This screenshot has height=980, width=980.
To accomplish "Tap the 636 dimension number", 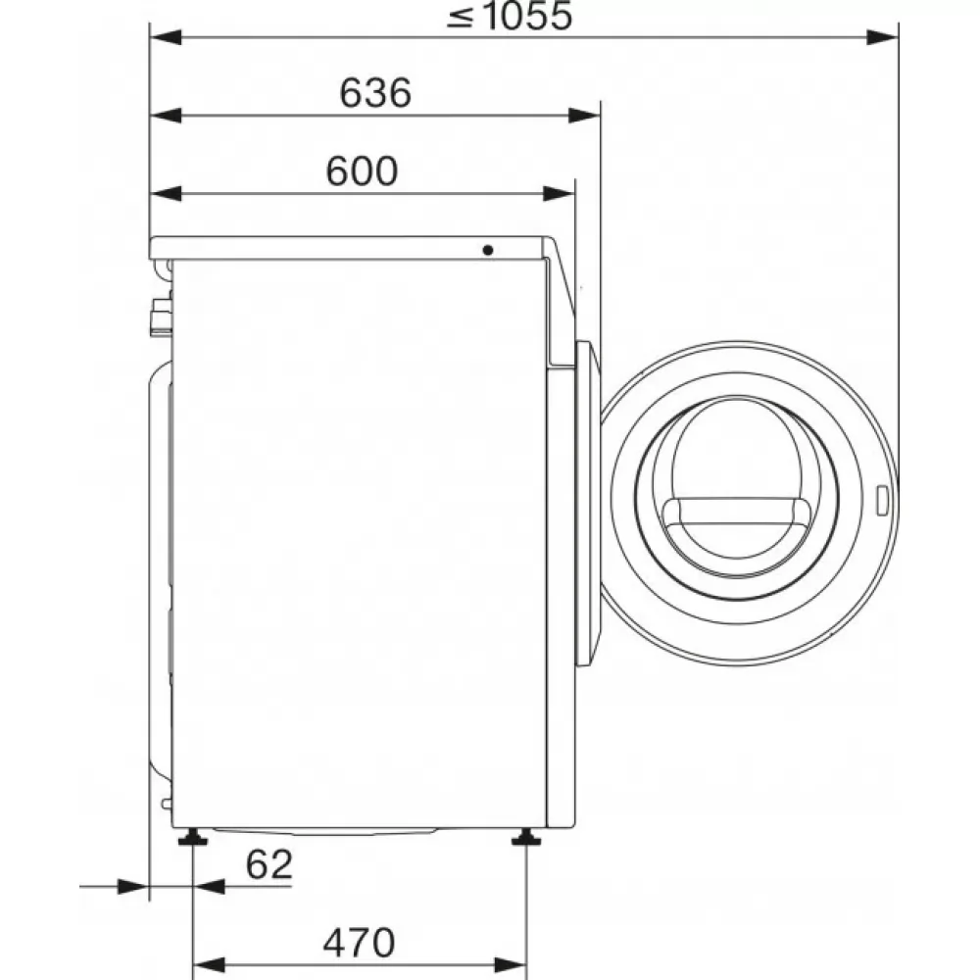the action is pyautogui.click(x=375, y=92).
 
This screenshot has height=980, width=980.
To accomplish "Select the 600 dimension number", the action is pyautogui.click(x=362, y=171).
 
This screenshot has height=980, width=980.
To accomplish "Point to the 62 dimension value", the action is pyautogui.click(x=269, y=865).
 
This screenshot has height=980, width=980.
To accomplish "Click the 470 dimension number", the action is pyautogui.click(x=359, y=943).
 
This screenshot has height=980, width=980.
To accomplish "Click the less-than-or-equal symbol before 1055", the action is pyautogui.click(x=461, y=17).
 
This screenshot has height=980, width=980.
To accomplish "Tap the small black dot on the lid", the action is pyautogui.click(x=487, y=250).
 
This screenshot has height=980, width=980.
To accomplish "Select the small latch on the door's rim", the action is pyautogui.click(x=882, y=501).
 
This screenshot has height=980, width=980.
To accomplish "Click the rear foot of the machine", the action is pyautogui.click(x=192, y=837).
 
